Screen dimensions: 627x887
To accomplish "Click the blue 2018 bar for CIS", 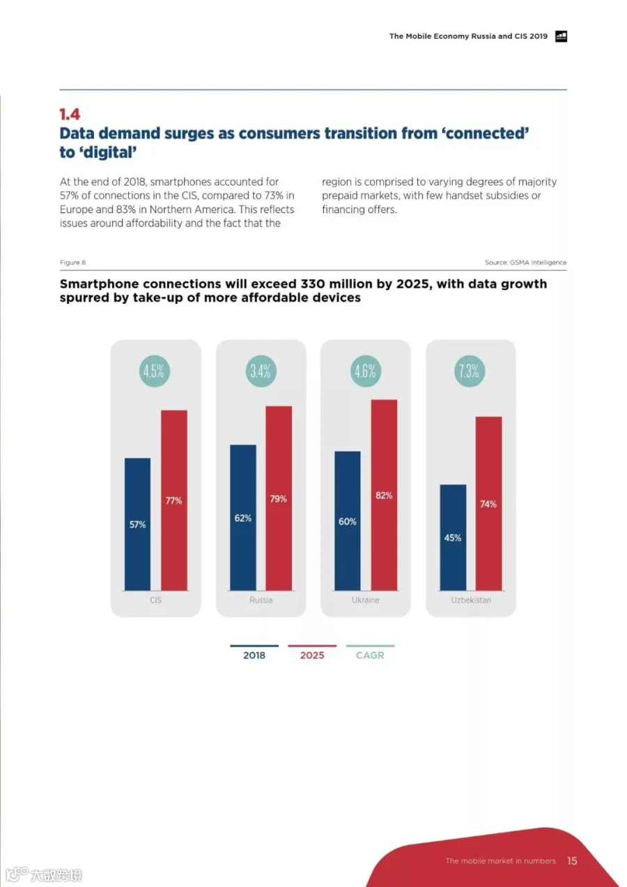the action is coord(137,524).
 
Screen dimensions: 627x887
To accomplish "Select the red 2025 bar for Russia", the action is coord(279,498).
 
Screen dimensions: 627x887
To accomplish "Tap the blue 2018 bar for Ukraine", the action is coord(348,520).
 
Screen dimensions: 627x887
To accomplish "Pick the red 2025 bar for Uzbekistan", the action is coord(489,503).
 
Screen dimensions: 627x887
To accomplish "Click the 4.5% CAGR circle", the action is coord(155,371).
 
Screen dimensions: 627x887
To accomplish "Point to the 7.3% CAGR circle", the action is coord(470,371).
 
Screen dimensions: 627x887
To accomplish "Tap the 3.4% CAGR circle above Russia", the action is coord(261,371).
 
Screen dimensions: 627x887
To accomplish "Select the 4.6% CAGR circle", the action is coord(366,371).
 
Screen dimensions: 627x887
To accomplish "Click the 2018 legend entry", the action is coord(254,652).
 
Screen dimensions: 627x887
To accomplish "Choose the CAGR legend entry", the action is coord(370,652).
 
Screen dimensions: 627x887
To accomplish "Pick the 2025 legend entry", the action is coord(312,652).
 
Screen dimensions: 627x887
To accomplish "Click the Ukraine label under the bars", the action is coord(366,600).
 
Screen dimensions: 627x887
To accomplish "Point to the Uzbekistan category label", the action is coord(471,600).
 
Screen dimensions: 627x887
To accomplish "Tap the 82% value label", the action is coord(384,495).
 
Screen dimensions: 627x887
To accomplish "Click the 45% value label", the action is coord(452,538).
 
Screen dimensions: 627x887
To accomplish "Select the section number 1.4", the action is coord(70,114).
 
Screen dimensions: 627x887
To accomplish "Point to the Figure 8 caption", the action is coord(73,262).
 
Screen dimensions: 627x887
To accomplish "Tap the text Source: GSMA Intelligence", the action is coord(526,262).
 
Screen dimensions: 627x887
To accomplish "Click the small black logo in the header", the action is coord(561,36).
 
